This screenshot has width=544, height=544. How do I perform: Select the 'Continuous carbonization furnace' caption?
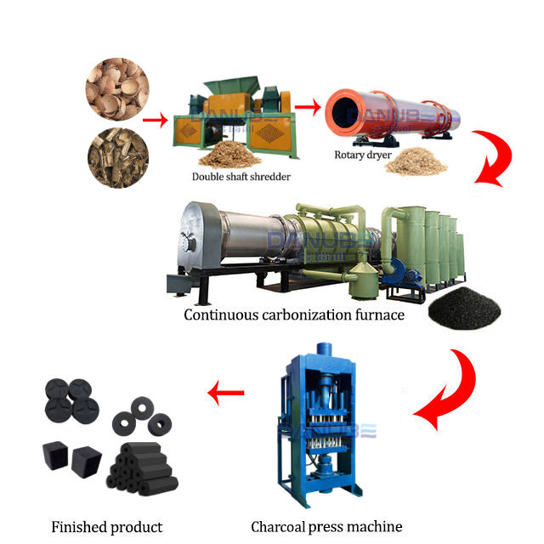coord(293,315)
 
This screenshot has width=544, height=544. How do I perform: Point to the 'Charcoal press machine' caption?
coord(326,526)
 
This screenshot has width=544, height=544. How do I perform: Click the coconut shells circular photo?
coord(117,88)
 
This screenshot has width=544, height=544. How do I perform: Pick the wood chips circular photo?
coord(117,157)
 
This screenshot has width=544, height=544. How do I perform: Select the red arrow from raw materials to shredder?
coord(155,119)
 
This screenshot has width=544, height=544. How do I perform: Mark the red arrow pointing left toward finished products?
coord(226,393)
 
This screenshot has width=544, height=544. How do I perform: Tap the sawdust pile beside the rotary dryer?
coord(414,159)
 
